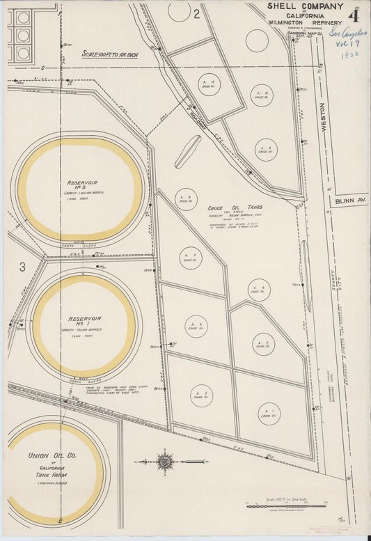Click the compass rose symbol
click(x=166, y=461)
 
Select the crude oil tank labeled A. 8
click(x=186, y=198)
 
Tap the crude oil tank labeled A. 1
click(x=269, y=414)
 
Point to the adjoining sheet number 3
click(x=22, y=267)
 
